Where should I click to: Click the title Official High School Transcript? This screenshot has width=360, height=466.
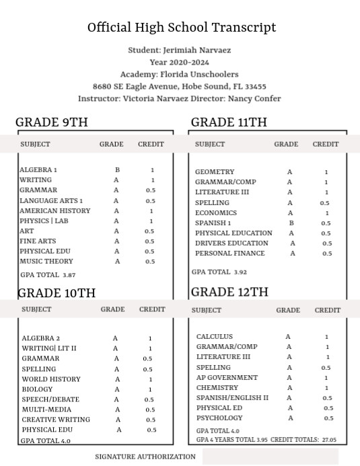pyautogui.click(x=182, y=28)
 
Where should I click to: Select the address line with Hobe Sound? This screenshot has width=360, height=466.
pyautogui.click(x=180, y=87)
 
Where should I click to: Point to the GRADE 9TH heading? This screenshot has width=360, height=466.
pyautogui.click(x=52, y=122)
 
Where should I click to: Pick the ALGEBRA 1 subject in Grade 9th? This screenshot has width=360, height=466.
pyautogui.click(x=38, y=170)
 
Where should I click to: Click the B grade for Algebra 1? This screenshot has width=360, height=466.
pyautogui.click(x=117, y=170)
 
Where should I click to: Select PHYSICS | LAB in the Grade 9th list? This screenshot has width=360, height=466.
pyautogui.click(x=44, y=221)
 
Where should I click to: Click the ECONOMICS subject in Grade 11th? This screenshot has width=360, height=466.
pyautogui.click(x=215, y=212)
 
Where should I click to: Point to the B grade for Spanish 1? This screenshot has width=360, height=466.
pyautogui.click(x=291, y=223)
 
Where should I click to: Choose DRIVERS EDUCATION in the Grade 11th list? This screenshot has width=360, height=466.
pyautogui.click(x=231, y=243)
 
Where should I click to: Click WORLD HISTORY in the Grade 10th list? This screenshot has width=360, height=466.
pyautogui.click(x=51, y=379)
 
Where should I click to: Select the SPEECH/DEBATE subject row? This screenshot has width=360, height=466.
pyautogui.click(x=50, y=399)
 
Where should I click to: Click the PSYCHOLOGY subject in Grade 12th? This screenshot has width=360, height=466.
pyautogui.click(x=219, y=418)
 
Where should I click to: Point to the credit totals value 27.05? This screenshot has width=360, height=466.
pyautogui.click(x=329, y=440)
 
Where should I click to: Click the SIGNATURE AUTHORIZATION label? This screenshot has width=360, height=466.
pyautogui.click(x=145, y=457)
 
